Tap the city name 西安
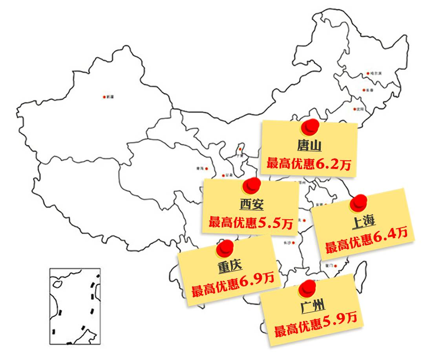(251, 205)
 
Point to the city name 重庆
(230, 266)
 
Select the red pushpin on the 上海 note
(358, 202)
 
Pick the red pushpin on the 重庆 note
(225, 248)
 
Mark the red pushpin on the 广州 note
(307, 288)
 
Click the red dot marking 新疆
(104, 97)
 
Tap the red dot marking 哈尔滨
(368, 73)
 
